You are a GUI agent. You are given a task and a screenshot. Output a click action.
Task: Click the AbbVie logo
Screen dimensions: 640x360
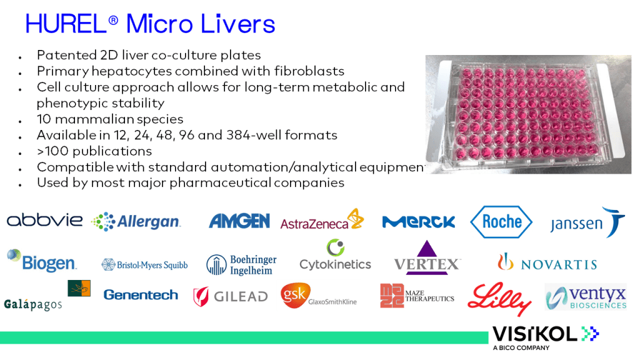click(x=44, y=220)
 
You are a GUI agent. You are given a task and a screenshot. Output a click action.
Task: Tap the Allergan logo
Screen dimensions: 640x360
click(x=136, y=222)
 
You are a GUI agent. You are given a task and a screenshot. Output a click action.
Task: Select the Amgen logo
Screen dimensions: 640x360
click(x=239, y=221)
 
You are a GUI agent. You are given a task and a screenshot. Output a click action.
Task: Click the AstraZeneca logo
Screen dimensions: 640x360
click(x=322, y=219)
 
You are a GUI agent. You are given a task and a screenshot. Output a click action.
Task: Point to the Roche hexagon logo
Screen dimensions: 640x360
click(x=501, y=222)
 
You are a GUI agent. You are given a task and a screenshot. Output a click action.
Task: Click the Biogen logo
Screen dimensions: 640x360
click(x=42, y=261)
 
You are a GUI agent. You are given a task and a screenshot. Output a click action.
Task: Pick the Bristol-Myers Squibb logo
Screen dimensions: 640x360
click(x=144, y=265)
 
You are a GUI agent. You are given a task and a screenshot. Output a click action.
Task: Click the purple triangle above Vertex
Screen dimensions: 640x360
click(x=426, y=248)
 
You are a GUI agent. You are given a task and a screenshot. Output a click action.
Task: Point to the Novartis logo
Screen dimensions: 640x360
click(x=547, y=262)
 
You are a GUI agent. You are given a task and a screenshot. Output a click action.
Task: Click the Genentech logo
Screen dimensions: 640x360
click(x=141, y=295)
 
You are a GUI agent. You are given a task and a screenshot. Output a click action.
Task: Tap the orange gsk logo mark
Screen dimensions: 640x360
click(x=296, y=295)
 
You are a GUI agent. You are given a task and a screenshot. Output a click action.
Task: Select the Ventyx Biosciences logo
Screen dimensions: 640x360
click(x=586, y=297)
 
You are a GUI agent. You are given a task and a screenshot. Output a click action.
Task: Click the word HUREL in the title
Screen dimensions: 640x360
click(x=66, y=24)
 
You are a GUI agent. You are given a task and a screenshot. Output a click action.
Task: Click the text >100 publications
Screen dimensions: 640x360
click(x=94, y=151)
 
